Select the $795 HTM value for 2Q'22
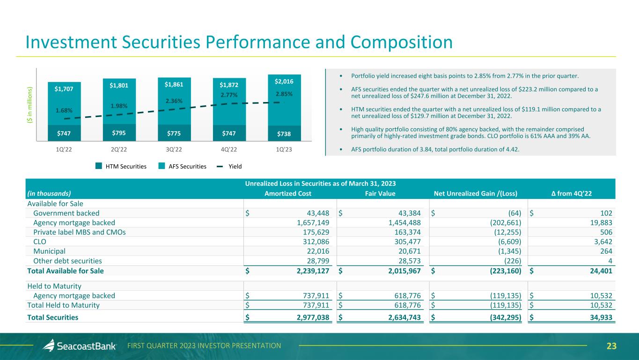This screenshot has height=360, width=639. coord(119,132)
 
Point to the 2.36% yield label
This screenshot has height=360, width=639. coord(174,101)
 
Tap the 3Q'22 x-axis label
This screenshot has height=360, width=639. coord(174,150)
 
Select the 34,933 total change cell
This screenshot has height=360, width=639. coord(599,317)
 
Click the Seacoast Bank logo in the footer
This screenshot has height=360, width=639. coord(79,346)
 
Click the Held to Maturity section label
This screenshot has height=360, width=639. coord(54,286)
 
